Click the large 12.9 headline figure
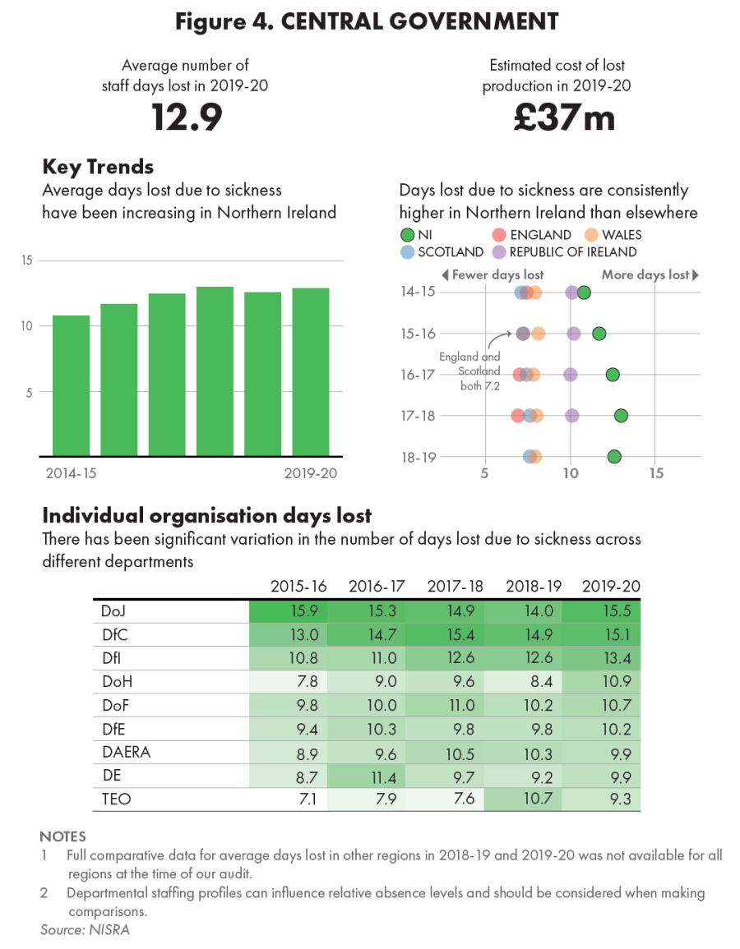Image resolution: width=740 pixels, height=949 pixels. pos(187,117)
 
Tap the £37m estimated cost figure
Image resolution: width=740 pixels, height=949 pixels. pos(564,117)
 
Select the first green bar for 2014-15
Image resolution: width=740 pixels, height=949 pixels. pos(71,385)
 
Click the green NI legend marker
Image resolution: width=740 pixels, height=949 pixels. pos(406,235)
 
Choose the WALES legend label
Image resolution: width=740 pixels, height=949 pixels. pos(622,235)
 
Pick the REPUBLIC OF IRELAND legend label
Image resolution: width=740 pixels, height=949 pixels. pos(573,252)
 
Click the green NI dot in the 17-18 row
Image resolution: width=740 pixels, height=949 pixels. pos(621,416)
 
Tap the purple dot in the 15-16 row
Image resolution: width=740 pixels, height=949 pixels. pos(574,334)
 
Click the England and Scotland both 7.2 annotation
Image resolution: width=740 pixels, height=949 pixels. pos(469,371)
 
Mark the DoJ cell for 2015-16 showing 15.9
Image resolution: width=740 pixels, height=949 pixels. pos(288,611)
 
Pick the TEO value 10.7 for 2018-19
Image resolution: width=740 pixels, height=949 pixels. pos(524,799)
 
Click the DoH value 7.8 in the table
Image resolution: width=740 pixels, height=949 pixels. pos(288,681)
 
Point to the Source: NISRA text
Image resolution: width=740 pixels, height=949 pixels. pos(86,930)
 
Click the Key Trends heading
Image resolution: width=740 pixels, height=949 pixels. pos(98,167)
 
